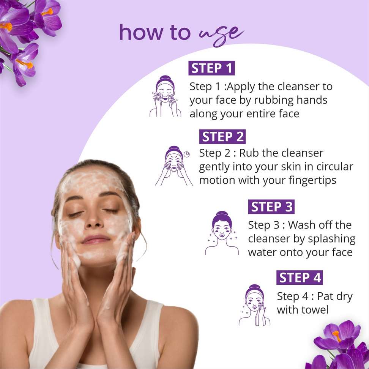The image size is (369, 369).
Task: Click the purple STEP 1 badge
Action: tap(211, 68)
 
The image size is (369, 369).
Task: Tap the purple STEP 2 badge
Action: tap(222, 137)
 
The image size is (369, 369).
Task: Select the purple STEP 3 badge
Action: tap(271, 207)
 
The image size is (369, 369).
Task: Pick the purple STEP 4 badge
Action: tap(300, 278)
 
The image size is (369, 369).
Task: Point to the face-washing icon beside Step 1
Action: tap(165, 96)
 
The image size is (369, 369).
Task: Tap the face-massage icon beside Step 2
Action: tap(173, 166)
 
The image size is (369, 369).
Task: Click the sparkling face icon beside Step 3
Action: tap(222, 233)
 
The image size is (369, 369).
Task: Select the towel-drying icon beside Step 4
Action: tap(254, 305)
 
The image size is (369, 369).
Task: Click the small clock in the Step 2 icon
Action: tap(187, 154)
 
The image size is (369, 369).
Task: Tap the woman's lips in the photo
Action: tap(96, 239)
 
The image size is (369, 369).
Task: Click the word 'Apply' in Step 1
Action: tap(241, 87)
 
